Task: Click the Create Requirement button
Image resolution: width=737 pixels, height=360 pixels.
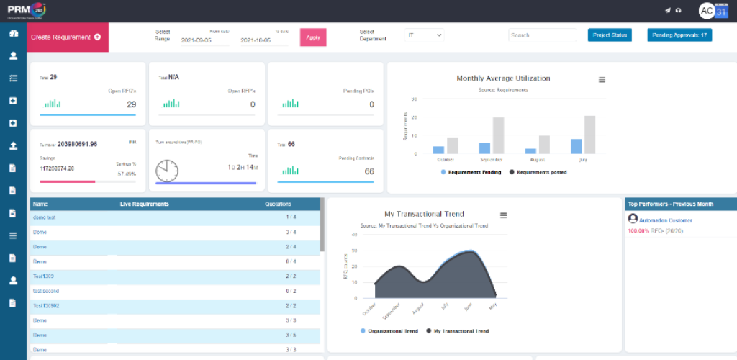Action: tap(67, 37)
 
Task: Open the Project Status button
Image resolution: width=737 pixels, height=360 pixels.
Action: tap(609, 35)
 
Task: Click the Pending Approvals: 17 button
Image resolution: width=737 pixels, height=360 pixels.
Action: tap(679, 35)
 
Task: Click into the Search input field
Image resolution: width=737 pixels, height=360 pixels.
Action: tap(541, 35)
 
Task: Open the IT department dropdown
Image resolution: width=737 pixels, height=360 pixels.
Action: tap(425, 35)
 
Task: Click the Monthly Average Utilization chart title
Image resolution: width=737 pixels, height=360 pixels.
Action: tap(503, 78)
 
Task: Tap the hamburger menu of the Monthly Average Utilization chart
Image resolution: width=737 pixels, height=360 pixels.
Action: tap(602, 79)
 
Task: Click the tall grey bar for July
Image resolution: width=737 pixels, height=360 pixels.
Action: tap(590, 135)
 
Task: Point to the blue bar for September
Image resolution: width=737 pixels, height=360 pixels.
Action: tap(484, 148)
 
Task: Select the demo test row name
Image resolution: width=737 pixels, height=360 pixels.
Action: tap(45, 217)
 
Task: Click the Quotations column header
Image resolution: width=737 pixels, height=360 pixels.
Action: tap(278, 204)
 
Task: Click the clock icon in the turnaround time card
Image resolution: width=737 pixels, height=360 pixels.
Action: tap(167, 170)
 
